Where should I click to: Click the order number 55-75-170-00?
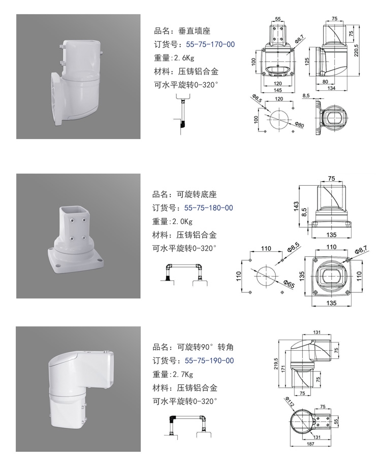(210, 45)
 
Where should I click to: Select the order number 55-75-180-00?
(209, 208)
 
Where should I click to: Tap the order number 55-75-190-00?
(209, 360)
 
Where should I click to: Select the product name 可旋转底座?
(197, 194)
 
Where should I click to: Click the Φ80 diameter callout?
(299, 124)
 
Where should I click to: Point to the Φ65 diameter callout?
(289, 284)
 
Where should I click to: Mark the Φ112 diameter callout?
(290, 402)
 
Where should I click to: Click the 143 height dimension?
(296, 206)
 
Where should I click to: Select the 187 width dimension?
(310, 444)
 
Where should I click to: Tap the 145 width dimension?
(277, 90)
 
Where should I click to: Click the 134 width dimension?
(331, 88)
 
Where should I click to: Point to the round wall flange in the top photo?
(57, 99)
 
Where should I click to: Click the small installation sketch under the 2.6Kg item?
(182, 114)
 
